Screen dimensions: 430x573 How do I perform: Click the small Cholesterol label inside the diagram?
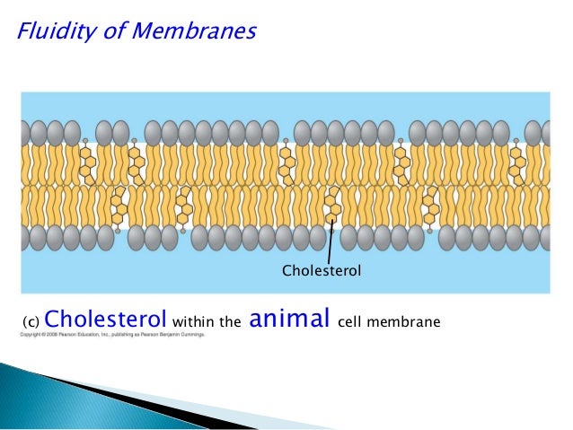[322, 269]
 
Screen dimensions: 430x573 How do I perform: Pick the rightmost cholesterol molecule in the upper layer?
[516, 162]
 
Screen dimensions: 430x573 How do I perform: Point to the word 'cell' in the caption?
[353, 321]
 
